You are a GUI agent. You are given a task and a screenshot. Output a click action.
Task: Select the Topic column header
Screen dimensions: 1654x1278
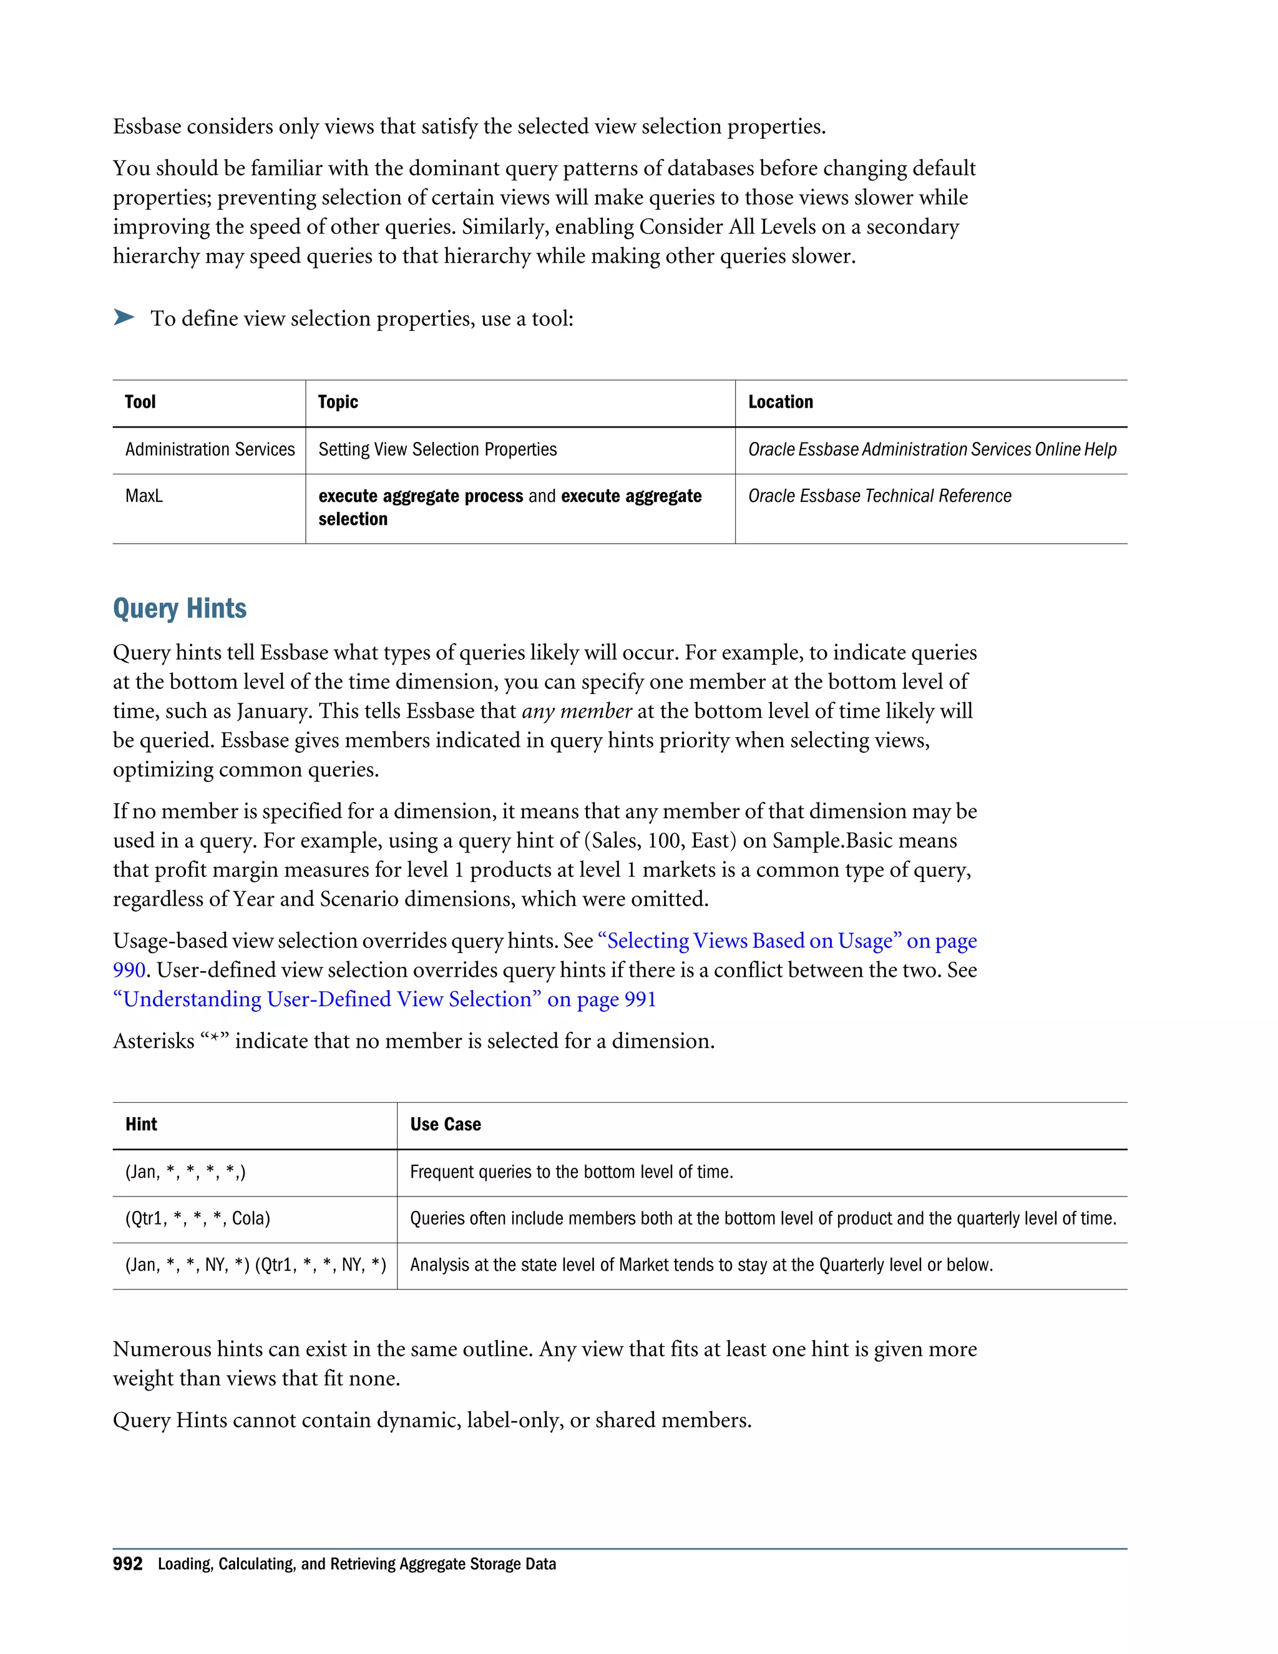(338, 402)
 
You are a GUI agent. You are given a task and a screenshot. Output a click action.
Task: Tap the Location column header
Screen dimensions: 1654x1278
(780, 402)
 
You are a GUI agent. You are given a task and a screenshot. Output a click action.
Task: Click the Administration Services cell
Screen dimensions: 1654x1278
(210, 450)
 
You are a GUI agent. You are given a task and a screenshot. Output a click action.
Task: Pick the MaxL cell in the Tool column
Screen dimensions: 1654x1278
(144, 496)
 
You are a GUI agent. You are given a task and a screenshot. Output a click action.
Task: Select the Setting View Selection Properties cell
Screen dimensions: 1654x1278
(437, 450)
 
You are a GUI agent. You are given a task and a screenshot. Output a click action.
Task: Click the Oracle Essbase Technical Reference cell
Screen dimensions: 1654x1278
(879, 496)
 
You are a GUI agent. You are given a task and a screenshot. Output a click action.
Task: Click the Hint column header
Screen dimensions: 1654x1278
(141, 1125)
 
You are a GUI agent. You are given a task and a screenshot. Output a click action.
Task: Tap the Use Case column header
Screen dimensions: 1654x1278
(445, 1125)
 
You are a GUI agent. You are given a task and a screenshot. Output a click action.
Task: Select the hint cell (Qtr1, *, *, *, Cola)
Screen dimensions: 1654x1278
(198, 1218)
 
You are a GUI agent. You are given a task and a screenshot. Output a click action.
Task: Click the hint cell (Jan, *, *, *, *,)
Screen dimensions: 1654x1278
(185, 1172)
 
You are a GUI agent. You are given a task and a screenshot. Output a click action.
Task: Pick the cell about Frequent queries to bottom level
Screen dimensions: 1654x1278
(571, 1172)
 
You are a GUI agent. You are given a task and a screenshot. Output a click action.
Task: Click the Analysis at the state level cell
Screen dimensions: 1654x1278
(700, 1265)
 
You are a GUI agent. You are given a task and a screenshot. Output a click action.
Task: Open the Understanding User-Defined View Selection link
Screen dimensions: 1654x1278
(384, 1000)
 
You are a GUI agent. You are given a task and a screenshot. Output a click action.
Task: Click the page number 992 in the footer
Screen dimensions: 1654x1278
(127, 1565)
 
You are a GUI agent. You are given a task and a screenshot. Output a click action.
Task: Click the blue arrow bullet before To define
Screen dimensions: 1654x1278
(124, 317)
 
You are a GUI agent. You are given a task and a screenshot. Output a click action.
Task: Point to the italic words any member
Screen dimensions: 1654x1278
(576, 711)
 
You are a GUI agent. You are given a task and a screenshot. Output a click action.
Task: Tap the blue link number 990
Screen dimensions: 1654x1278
(129, 970)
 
